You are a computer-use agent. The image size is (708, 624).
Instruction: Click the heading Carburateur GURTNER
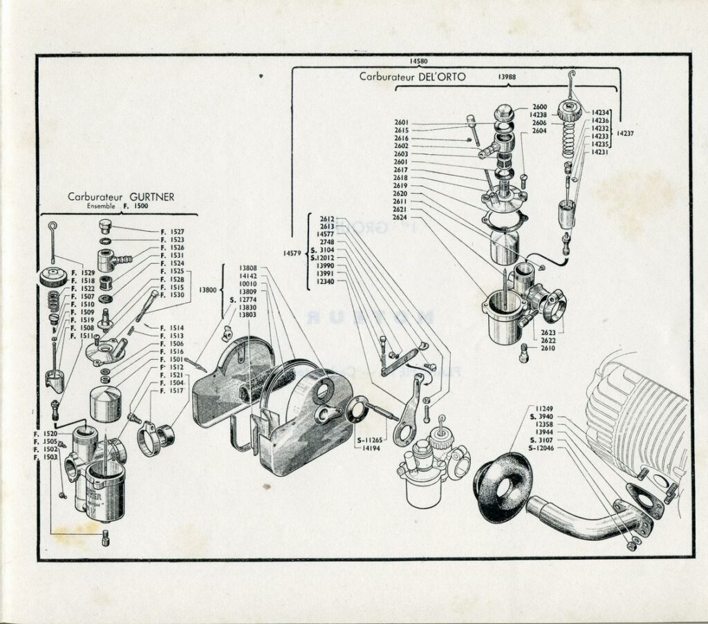[121, 196]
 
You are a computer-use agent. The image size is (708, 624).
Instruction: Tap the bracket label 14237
[626, 131]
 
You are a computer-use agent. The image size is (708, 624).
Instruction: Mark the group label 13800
[207, 291]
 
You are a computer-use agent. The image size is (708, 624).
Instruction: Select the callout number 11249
[545, 408]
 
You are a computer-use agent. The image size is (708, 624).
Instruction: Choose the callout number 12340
[325, 281]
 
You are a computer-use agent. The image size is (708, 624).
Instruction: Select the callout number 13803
[248, 315]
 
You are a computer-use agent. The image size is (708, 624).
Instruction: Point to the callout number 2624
[400, 217]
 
